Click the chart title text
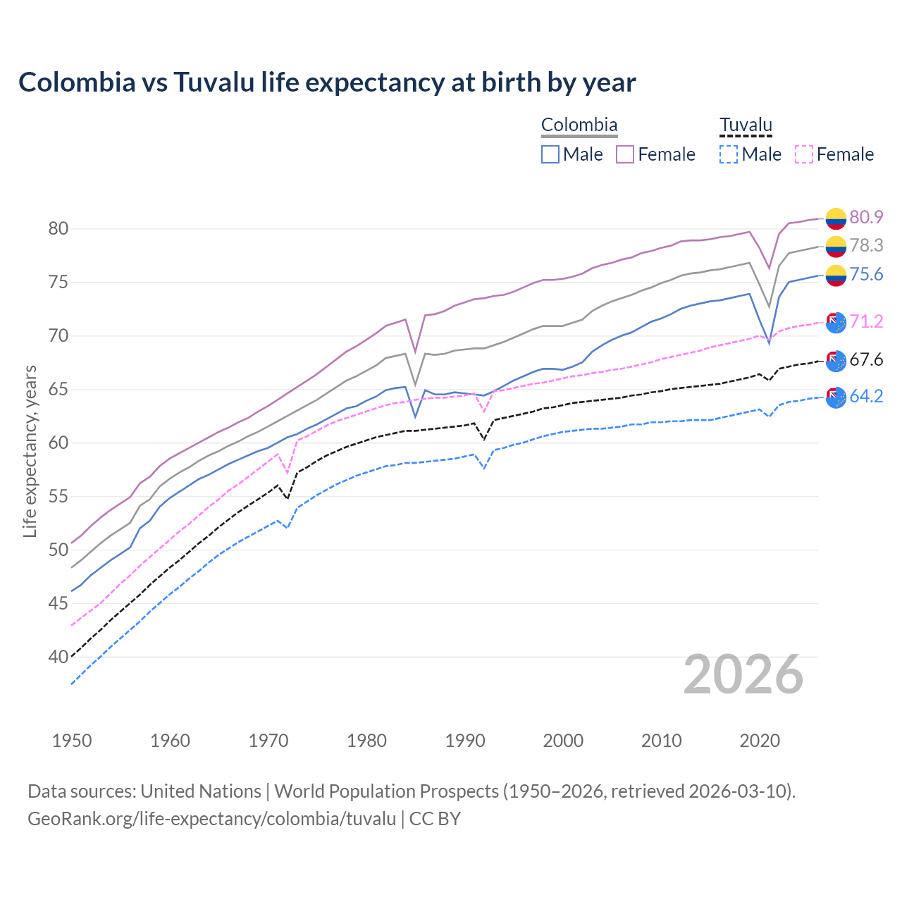click(327, 82)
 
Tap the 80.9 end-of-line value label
click(866, 218)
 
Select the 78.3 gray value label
click(866, 245)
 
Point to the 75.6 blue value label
click(866, 275)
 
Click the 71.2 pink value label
click(866, 322)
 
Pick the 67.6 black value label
click(866, 360)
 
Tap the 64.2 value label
click(866, 397)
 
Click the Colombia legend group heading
click(579, 125)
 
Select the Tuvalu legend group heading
click(746, 125)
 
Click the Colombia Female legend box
click(625, 154)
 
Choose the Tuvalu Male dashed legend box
click(729, 154)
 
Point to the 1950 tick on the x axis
click(72, 741)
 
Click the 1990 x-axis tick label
click(465, 741)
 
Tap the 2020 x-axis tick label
click(760, 741)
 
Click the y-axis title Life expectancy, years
click(30, 451)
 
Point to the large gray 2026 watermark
click(743, 675)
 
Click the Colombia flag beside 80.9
click(836, 218)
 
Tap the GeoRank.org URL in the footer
click(211, 819)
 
